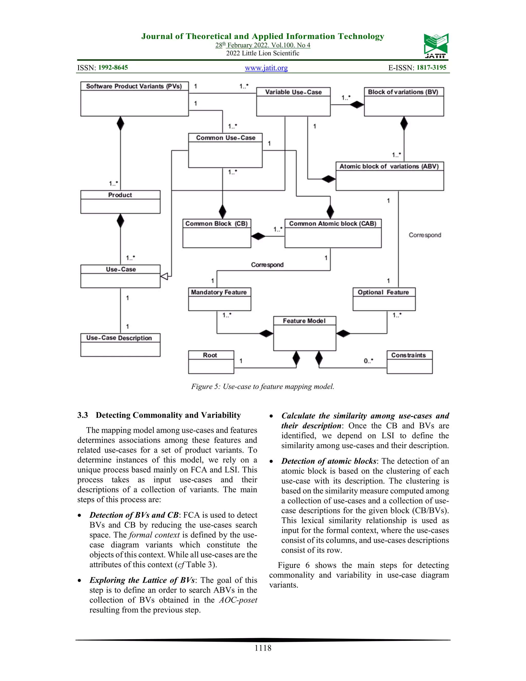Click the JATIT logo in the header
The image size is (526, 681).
pyautogui.click(x=436, y=45)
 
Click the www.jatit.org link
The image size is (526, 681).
pyautogui.click(x=266, y=68)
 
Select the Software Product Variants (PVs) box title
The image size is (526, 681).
pyautogui.click(x=134, y=86)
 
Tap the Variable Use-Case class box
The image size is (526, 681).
pyautogui.click(x=293, y=102)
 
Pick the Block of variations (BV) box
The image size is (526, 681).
pyautogui.click(x=404, y=102)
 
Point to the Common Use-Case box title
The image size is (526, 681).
pyautogui.click(x=225, y=138)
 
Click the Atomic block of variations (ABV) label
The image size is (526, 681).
pyautogui.click(x=389, y=167)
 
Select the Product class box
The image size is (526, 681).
pyautogui.click(x=120, y=202)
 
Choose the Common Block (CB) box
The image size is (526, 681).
pyautogui.click(x=217, y=233)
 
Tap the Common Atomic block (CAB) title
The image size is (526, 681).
pyautogui.click(x=333, y=224)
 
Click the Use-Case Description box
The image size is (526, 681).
pyautogui.click(x=120, y=345)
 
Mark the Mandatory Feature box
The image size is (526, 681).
pyautogui.click(x=219, y=299)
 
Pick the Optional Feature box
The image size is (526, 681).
pyautogui.click(x=384, y=299)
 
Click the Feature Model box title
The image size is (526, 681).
pyautogui.click(x=304, y=321)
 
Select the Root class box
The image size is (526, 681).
pyautogui.click(x=211, y=362)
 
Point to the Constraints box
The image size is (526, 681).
pyautogui.click(x=409, y=362)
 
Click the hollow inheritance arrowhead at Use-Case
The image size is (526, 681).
pyautogui.click(x=164, y=276)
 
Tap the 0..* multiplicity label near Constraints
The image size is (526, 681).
pyautogui.click(x=368, y=361)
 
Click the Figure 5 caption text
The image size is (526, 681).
pyautogui.click(x=263, y=387)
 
